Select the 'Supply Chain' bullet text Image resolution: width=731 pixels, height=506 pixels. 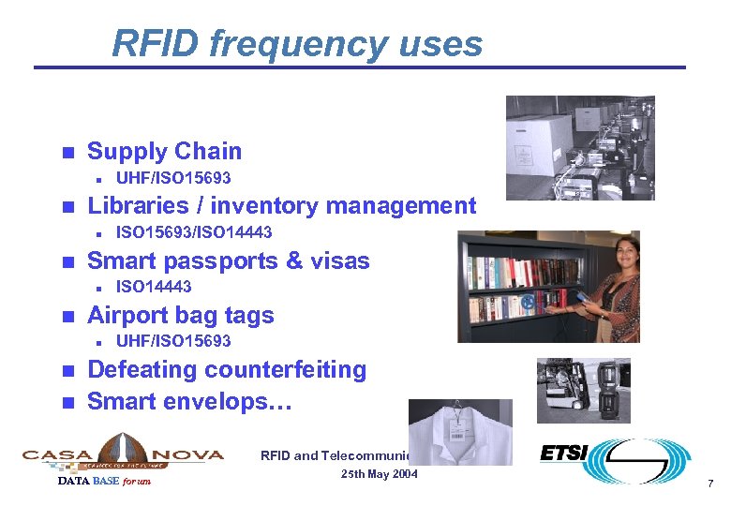(164, 151)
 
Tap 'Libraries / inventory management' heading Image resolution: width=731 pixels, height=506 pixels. (281, 205)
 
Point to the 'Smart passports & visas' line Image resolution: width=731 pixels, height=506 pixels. (228, 260)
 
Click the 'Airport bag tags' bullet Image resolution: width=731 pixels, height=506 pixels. (180, 315)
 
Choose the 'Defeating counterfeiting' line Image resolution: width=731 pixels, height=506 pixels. (226, 369)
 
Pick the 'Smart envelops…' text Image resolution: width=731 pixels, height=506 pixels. (189, 401)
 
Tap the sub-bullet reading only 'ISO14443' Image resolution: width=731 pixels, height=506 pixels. (153, 287)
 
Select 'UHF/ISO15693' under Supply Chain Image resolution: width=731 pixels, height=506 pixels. (172, 178)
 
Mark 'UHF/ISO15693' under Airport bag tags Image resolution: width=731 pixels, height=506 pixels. (172, 341)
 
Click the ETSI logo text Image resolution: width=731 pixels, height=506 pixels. (564, 454)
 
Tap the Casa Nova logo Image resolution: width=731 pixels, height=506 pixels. (123, 454)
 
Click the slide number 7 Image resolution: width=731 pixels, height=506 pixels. (710, 484)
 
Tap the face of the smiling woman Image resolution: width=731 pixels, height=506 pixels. (622, 249)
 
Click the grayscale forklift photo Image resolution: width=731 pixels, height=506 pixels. (583, 390)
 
